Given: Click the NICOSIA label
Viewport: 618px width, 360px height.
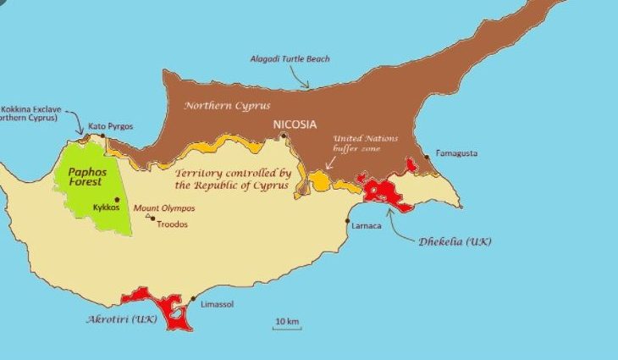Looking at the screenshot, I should tap(295, 125).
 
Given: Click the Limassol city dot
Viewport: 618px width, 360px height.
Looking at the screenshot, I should tap(194, 299).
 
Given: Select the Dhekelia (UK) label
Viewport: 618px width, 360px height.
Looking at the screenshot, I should tap(455, 241).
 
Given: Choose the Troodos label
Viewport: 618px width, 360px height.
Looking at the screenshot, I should tap(173, 224).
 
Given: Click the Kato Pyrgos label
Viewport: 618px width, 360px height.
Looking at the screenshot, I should tap(110, 127).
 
